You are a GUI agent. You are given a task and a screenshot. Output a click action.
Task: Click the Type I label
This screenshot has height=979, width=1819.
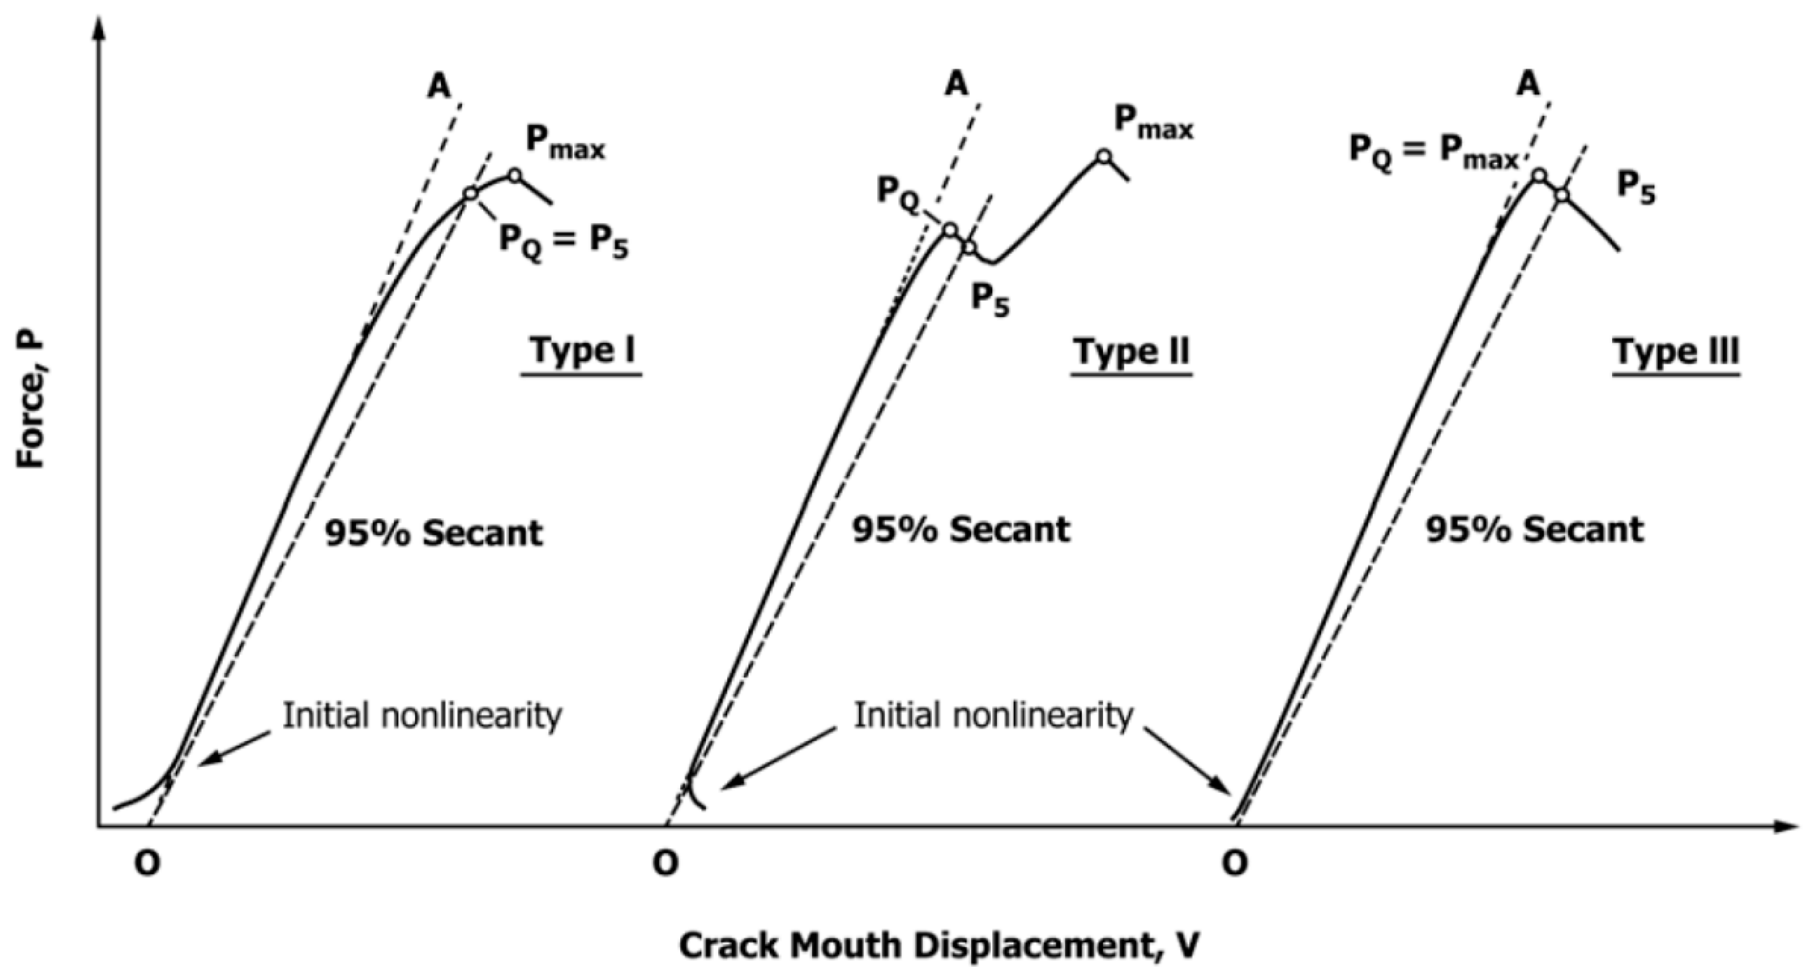(582, 350)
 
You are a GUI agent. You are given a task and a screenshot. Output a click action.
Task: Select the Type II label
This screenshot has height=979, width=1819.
(1131, 351)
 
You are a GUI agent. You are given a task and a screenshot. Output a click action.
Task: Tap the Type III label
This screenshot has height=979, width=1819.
(1675, 351)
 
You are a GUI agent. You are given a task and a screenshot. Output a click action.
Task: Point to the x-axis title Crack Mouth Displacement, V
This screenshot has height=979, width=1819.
(939, 946)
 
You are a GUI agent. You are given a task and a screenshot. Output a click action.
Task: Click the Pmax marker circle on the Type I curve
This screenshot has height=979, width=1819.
(515, 175)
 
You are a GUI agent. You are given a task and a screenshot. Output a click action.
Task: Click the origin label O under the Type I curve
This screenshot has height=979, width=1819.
(147, 864)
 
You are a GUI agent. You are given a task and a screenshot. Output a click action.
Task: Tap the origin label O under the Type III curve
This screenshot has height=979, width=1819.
(1235, 863)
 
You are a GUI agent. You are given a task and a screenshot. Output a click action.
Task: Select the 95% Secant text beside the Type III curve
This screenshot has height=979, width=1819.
(1534, 530)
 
